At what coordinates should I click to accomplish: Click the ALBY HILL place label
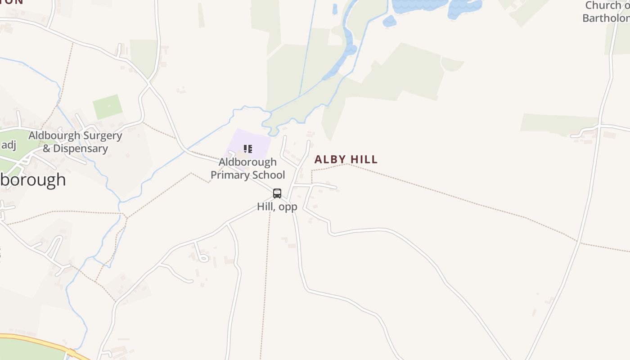(346, 159)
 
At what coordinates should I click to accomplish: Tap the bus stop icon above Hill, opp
(277, 193)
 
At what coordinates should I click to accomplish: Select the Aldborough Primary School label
(247, 168)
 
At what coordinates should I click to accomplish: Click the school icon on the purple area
(247, 148)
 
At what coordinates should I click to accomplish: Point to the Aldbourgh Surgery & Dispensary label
(75, 142)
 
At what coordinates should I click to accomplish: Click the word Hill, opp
(277, 207)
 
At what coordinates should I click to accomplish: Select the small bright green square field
(108, 107)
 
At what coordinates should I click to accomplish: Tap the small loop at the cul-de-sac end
(203, 258)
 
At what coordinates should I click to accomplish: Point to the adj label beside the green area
(9, 144)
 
